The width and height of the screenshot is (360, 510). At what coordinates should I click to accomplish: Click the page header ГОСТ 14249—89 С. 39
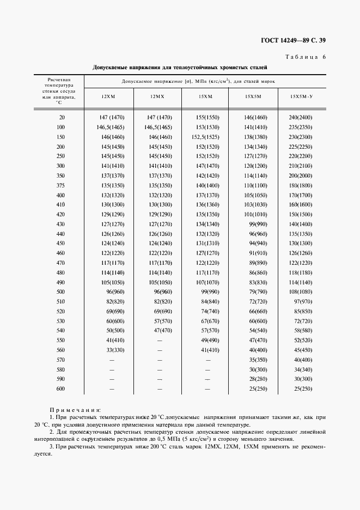[x=293, y=40]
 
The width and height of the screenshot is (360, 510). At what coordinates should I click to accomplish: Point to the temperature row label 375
[x=60, y=185]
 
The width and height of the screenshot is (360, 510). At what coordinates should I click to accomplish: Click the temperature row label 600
[x=60, y=388]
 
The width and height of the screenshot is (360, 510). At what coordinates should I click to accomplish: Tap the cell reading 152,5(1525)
[x=206, y=137]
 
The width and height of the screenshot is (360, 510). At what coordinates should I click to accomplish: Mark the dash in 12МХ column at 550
[x=159, y=340]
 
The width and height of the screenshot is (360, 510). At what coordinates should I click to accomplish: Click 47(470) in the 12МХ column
[x=161, y=330]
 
